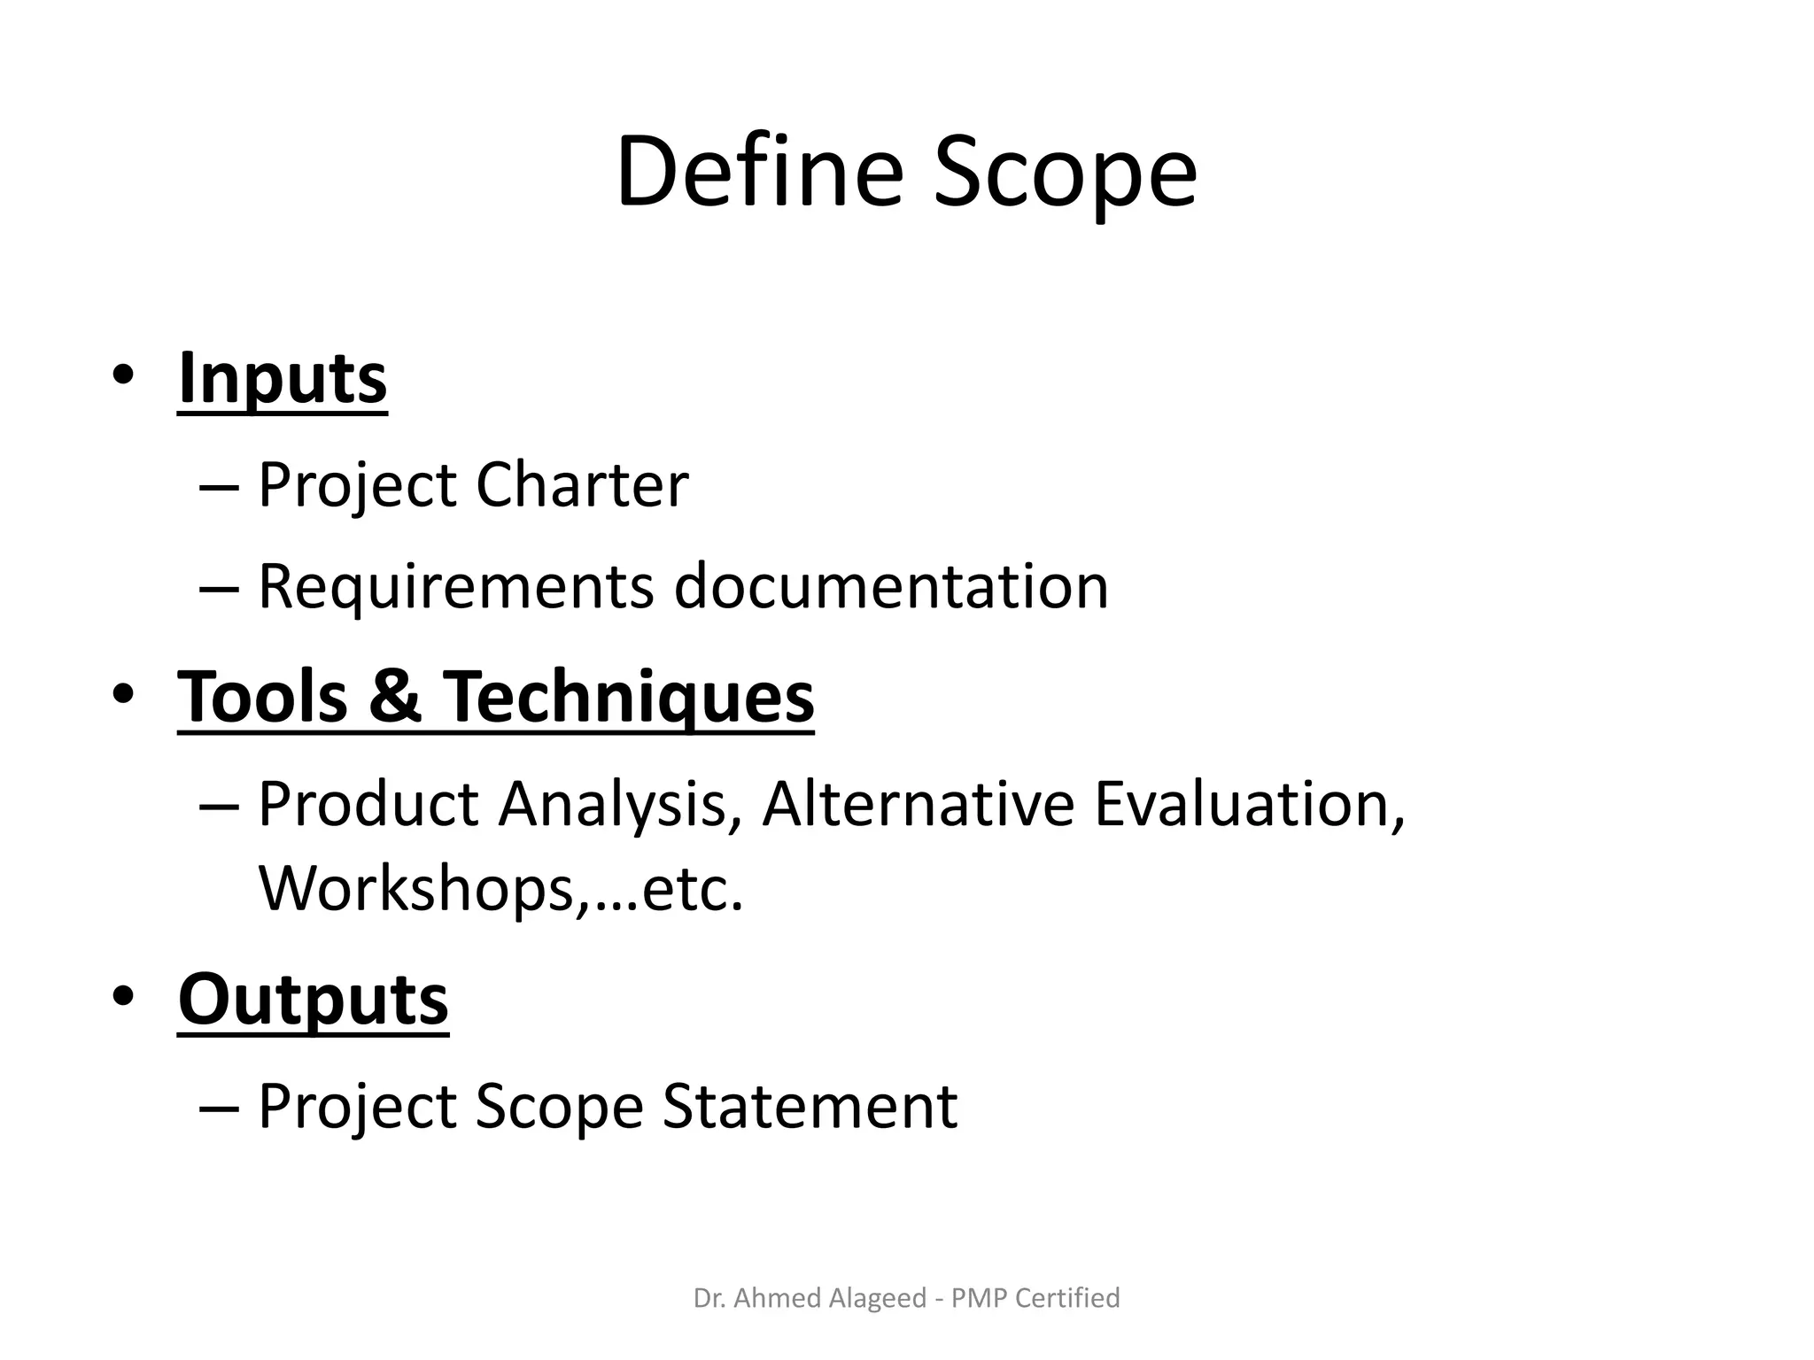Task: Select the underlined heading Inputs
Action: [283, 379]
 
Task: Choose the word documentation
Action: [891, 586]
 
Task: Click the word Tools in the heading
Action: [263, 696]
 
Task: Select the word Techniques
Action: [628, 698]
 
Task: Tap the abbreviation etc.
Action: [691, 888]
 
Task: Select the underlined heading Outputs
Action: [314, 999]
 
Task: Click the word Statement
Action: [810, 1106]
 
